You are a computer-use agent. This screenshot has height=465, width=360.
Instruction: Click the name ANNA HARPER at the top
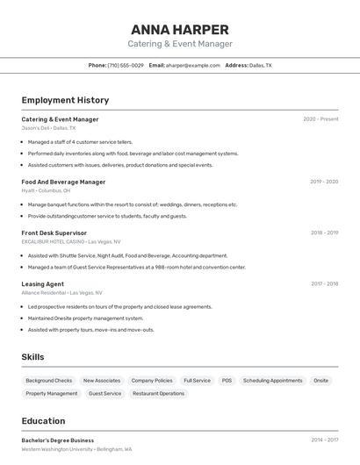click(x=179, y=29)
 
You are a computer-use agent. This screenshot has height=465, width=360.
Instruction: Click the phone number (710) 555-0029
click(x=126, y=65)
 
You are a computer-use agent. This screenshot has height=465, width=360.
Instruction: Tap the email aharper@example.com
click(x=193, y=65)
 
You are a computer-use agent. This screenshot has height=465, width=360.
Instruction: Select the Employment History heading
click(x=65, y=100)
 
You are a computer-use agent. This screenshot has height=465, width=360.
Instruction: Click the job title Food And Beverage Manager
click(x=63, y=182)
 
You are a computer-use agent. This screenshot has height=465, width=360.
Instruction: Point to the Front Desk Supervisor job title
click(x=54, y=233)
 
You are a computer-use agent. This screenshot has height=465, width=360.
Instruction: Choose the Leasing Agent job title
click(x=42, y=284)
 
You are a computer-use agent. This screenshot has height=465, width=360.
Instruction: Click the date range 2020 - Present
click(x=320, y=119)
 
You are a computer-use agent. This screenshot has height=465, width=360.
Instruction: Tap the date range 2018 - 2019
click(x=324, y=233)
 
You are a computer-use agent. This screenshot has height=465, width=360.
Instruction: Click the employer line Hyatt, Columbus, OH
click(x=46, y=190)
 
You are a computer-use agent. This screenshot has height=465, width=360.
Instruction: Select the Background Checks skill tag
click(x=49, y=381)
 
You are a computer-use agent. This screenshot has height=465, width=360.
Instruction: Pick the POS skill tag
click(x=227, y=381)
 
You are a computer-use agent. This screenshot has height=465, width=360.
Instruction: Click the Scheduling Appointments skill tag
click(x=273, y=381)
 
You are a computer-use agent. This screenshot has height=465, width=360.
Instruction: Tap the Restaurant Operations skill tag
click(x=158, y=394)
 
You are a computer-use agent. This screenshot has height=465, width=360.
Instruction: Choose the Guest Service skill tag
click(x=105, y=394)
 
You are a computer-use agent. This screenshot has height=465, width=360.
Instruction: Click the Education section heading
click(x=43, y=421)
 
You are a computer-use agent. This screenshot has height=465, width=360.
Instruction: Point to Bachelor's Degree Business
click(x=57, y=440)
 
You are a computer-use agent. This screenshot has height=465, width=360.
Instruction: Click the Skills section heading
click(x=32, y=357)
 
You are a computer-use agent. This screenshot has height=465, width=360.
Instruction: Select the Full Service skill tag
click(x=197, y=381)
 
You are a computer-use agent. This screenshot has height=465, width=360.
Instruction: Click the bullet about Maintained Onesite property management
click(x=85, y=318)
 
